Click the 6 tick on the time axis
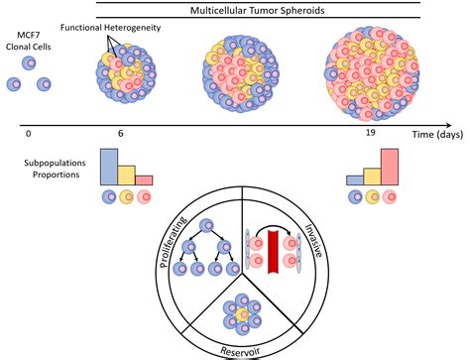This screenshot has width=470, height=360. point(120,133)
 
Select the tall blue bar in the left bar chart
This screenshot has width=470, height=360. point(109,167)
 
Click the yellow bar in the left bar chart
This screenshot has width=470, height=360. point(127,174)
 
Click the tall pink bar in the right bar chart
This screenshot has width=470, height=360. point(390,167)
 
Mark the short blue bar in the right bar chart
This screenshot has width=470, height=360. point(354,180)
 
